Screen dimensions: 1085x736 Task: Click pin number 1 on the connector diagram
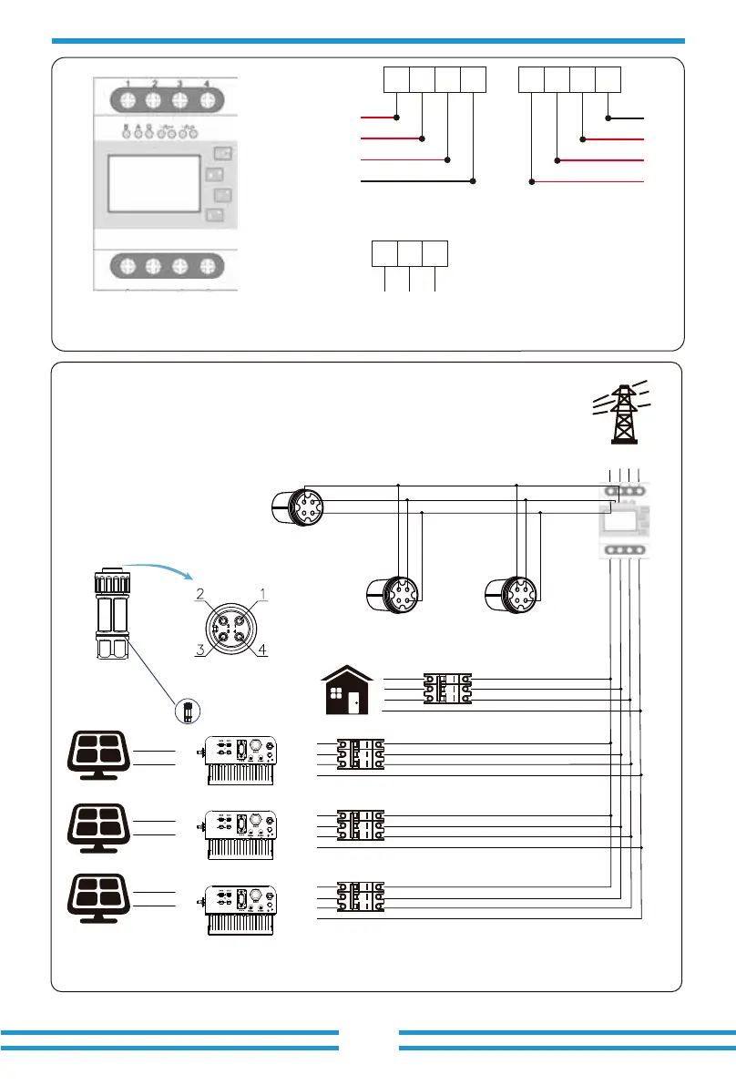point(262,593)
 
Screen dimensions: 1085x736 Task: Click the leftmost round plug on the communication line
point(298,506)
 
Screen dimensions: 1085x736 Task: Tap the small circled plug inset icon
point(186,711)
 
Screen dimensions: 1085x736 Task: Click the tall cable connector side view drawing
point(108,619)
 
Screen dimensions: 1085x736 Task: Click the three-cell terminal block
point(410,253)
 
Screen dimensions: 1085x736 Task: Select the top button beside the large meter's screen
point(220,153)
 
